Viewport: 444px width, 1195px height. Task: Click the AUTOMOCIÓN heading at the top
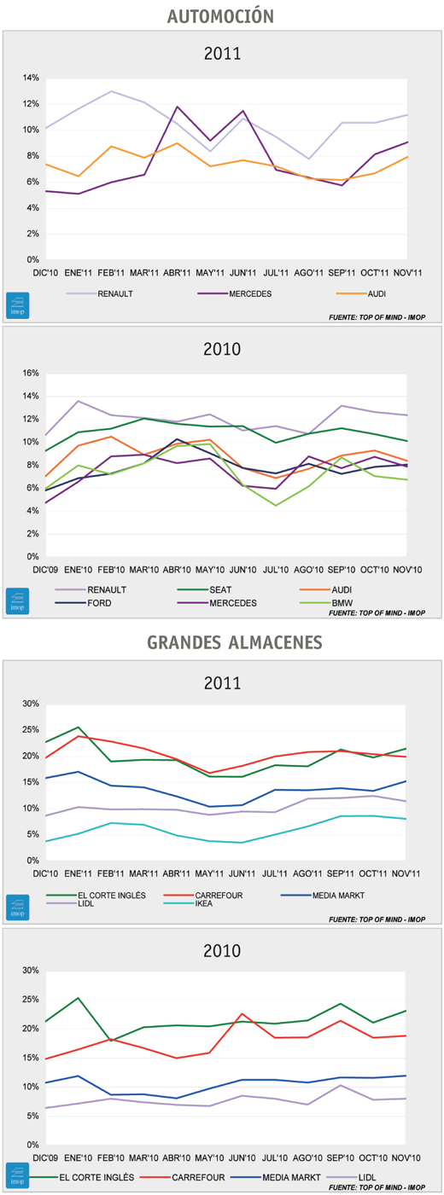pyautogui.click(x=220, y=15)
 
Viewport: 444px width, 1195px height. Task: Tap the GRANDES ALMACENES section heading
pyautogui.click(x=235, y=642)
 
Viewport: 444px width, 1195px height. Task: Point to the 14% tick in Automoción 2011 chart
pyautogui.click(x=31, y=78)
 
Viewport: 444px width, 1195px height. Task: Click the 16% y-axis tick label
pyautogui.click(x=31, y=374)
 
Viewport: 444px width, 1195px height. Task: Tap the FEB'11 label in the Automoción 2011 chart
pyautogui.click(x=111, y=273)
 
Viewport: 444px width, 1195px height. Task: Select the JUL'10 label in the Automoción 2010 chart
pyautogui.click(x=277, y=570)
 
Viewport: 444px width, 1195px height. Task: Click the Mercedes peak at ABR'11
pyautogui.click(x=177, y=107)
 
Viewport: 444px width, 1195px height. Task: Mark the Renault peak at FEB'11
pyautogui.click(x=111, y=91)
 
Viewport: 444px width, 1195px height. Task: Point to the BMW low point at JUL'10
pyautogui.click(x=277, y=505)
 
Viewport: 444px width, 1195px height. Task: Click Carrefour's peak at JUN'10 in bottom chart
pyautogui.click(x=242, y=1013)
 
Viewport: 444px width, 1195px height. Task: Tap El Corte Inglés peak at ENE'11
pyautogui.click(x=79, y=727)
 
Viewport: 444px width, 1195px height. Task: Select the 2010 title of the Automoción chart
pyautogui.click(x=222, y=349)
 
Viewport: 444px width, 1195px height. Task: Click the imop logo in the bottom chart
pyautogui.click(x=18, y=1175)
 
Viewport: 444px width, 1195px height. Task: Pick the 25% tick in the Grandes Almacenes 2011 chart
pyautogui.click(x=31, y=730)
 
